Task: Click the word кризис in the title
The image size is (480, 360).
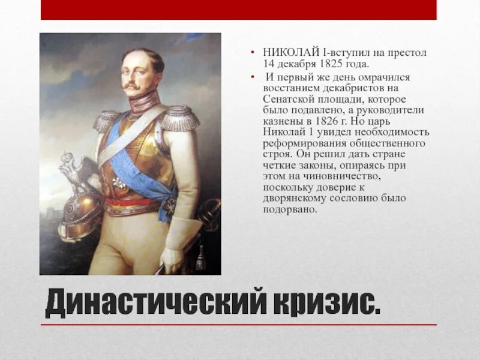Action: pyautogui.click(x=324, y=305)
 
